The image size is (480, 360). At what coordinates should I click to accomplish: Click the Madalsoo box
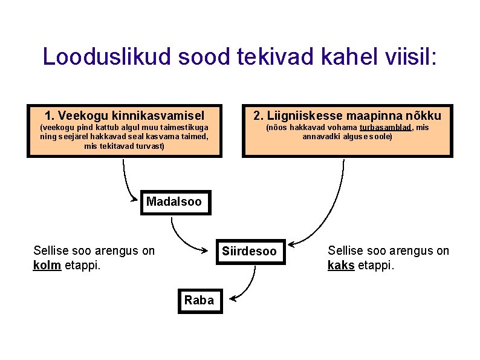click(x=174, y=201)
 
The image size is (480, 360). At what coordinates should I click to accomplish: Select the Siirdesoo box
click(x=249, y=251)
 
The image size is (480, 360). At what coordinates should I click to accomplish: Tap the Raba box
click(x=199, y=300)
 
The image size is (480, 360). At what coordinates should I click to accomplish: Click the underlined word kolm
click(x=47, y=265)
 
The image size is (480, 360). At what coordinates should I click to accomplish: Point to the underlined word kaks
click(x=341, y=265)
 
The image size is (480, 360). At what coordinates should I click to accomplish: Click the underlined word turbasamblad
click(x=386, y=128)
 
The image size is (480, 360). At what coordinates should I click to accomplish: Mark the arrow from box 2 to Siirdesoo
click(x=326, y=212)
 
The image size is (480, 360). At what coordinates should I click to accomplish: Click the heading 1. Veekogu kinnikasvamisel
click(x=125, y=115)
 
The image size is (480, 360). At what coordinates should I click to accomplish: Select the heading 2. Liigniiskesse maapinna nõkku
click(x=347, y=115)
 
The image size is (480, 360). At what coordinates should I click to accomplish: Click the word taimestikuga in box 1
click(x=186, y=128)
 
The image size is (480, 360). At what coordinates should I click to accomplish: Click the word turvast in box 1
click(x=150, y=146)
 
